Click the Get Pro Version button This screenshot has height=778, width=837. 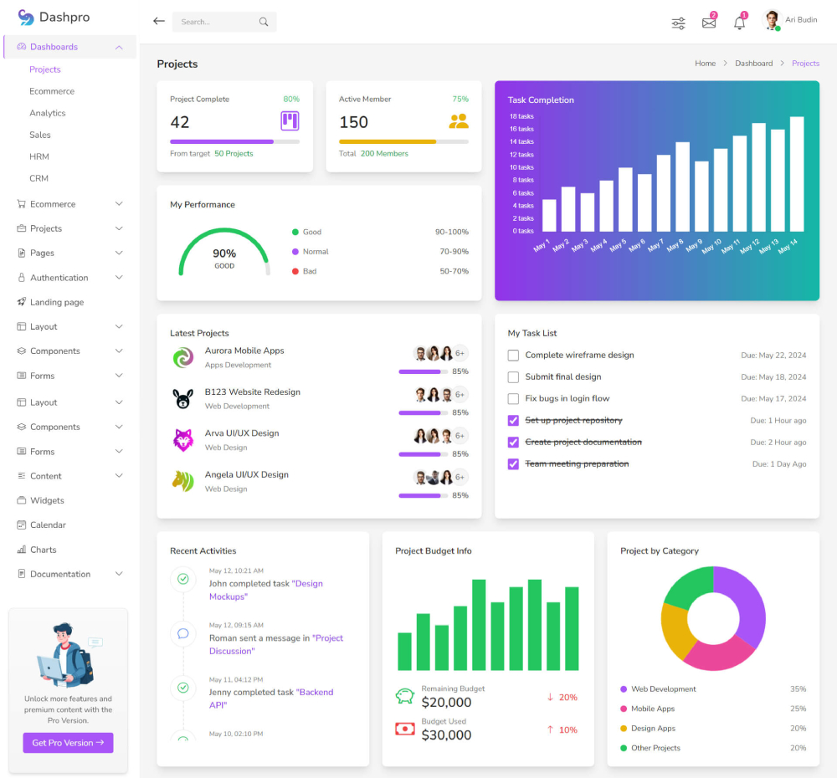(68, 743)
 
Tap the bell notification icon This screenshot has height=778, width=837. (739, 23)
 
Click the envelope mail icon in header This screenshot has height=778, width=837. (709, 23)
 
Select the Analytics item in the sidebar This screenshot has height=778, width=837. (48, 113)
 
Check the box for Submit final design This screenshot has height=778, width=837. (513, 377)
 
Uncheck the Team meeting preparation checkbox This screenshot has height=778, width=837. (513, 464)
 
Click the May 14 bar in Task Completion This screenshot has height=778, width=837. (797, 174)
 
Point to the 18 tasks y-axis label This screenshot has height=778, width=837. (521, 116)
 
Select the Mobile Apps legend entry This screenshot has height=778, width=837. (653, 709)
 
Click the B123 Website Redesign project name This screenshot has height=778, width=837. (252, 392)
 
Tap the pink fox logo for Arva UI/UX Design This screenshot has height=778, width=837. (183, 440)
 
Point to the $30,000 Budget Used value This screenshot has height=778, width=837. (446, 735)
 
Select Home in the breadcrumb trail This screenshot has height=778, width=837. (705, 64)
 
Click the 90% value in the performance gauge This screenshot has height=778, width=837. (224, 253)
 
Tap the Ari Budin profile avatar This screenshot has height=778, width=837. (772, 21)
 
